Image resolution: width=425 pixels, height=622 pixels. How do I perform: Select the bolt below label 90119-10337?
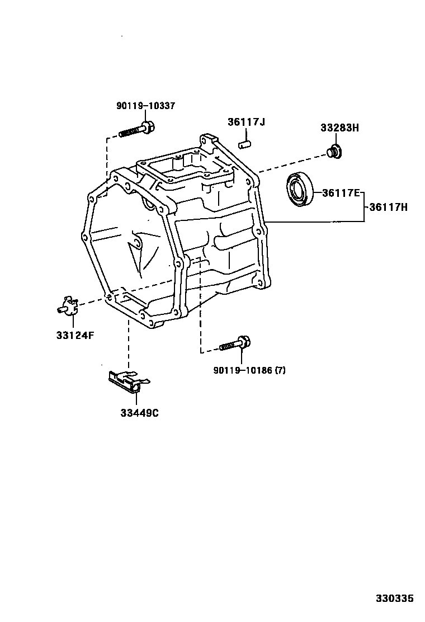pyautogui.click(x=137, y=130)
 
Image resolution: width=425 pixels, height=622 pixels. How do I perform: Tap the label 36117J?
pyautogui.click(x=245, y=122)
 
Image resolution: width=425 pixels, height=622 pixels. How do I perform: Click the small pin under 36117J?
pyautogui.click(x=244, y=143)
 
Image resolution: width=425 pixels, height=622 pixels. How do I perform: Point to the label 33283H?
pyautogui.click(x=339, y=128)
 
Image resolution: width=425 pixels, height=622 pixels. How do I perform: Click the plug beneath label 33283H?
pyautogui.click(x=335, y=151)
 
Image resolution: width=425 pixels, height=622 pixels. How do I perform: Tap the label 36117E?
pyautogui.click(x=341, y=193)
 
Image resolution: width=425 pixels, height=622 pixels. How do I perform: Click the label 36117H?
pyautogui.click(x=389, y=207)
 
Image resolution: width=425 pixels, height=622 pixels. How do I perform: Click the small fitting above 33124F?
pyautogui.click(x=67, y=305)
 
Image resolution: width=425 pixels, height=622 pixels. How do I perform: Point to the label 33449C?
pyautogui.click(x=139, y=413)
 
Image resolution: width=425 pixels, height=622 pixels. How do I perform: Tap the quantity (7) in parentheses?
pyautogui.click(x=278, y=370)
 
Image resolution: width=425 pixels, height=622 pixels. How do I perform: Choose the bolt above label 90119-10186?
pyautogui.click(x=235, y=344)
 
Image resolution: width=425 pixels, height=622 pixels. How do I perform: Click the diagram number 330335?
pyautogui.click(x=394, y=599)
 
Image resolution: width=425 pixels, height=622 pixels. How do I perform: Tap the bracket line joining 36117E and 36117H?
pyautogui.click(x=364, y=207)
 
